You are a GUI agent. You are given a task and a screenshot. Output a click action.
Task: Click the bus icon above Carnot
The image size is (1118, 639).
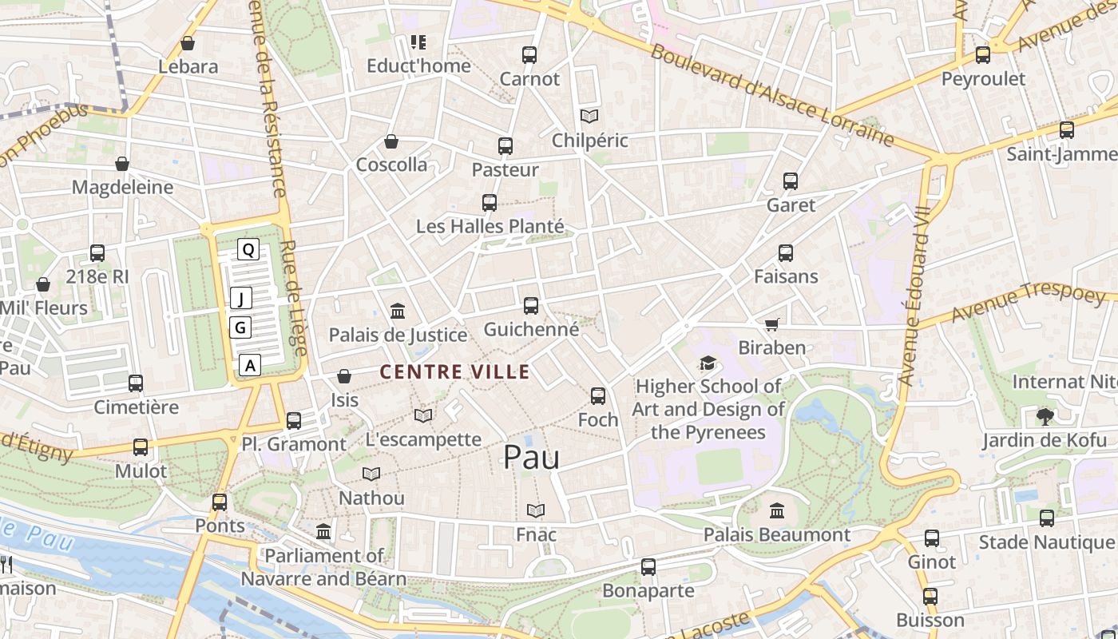529,55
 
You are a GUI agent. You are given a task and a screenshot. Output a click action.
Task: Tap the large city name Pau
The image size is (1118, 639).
531,457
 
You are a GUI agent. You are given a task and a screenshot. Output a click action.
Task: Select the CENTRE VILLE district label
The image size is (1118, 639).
454,371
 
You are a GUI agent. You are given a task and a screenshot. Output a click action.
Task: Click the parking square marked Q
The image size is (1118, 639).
248,250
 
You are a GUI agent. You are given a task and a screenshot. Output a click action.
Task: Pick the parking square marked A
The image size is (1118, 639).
250,366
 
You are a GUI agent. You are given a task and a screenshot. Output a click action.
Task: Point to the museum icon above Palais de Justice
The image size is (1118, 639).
397,311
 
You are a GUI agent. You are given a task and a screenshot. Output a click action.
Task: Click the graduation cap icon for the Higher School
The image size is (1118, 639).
708,363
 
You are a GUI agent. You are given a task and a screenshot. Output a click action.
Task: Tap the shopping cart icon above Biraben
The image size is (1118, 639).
771,324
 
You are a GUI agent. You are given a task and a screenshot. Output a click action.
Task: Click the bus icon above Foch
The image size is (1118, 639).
597,396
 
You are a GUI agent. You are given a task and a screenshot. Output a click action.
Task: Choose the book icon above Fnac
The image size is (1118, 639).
536,510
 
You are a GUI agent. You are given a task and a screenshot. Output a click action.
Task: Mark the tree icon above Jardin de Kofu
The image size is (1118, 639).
1045,416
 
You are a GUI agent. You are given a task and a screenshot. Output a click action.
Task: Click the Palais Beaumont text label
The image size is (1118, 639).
776,534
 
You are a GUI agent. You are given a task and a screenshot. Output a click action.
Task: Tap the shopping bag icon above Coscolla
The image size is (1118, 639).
391,141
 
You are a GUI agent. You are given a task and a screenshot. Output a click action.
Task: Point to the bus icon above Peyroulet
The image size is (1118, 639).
983,55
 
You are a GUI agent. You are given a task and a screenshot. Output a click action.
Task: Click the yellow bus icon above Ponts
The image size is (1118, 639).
220,502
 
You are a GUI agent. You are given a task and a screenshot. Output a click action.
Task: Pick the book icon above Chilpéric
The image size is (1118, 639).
589,117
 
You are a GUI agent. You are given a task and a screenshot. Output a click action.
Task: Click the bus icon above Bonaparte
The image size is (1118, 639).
648,567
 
